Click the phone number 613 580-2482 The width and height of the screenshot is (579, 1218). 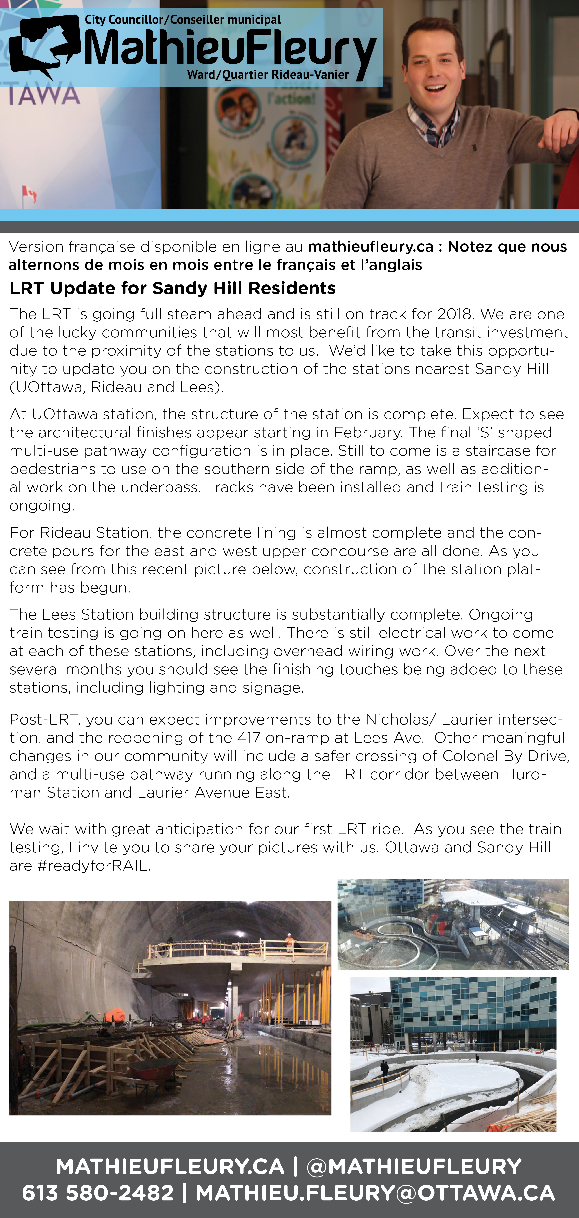(98, 1193)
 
